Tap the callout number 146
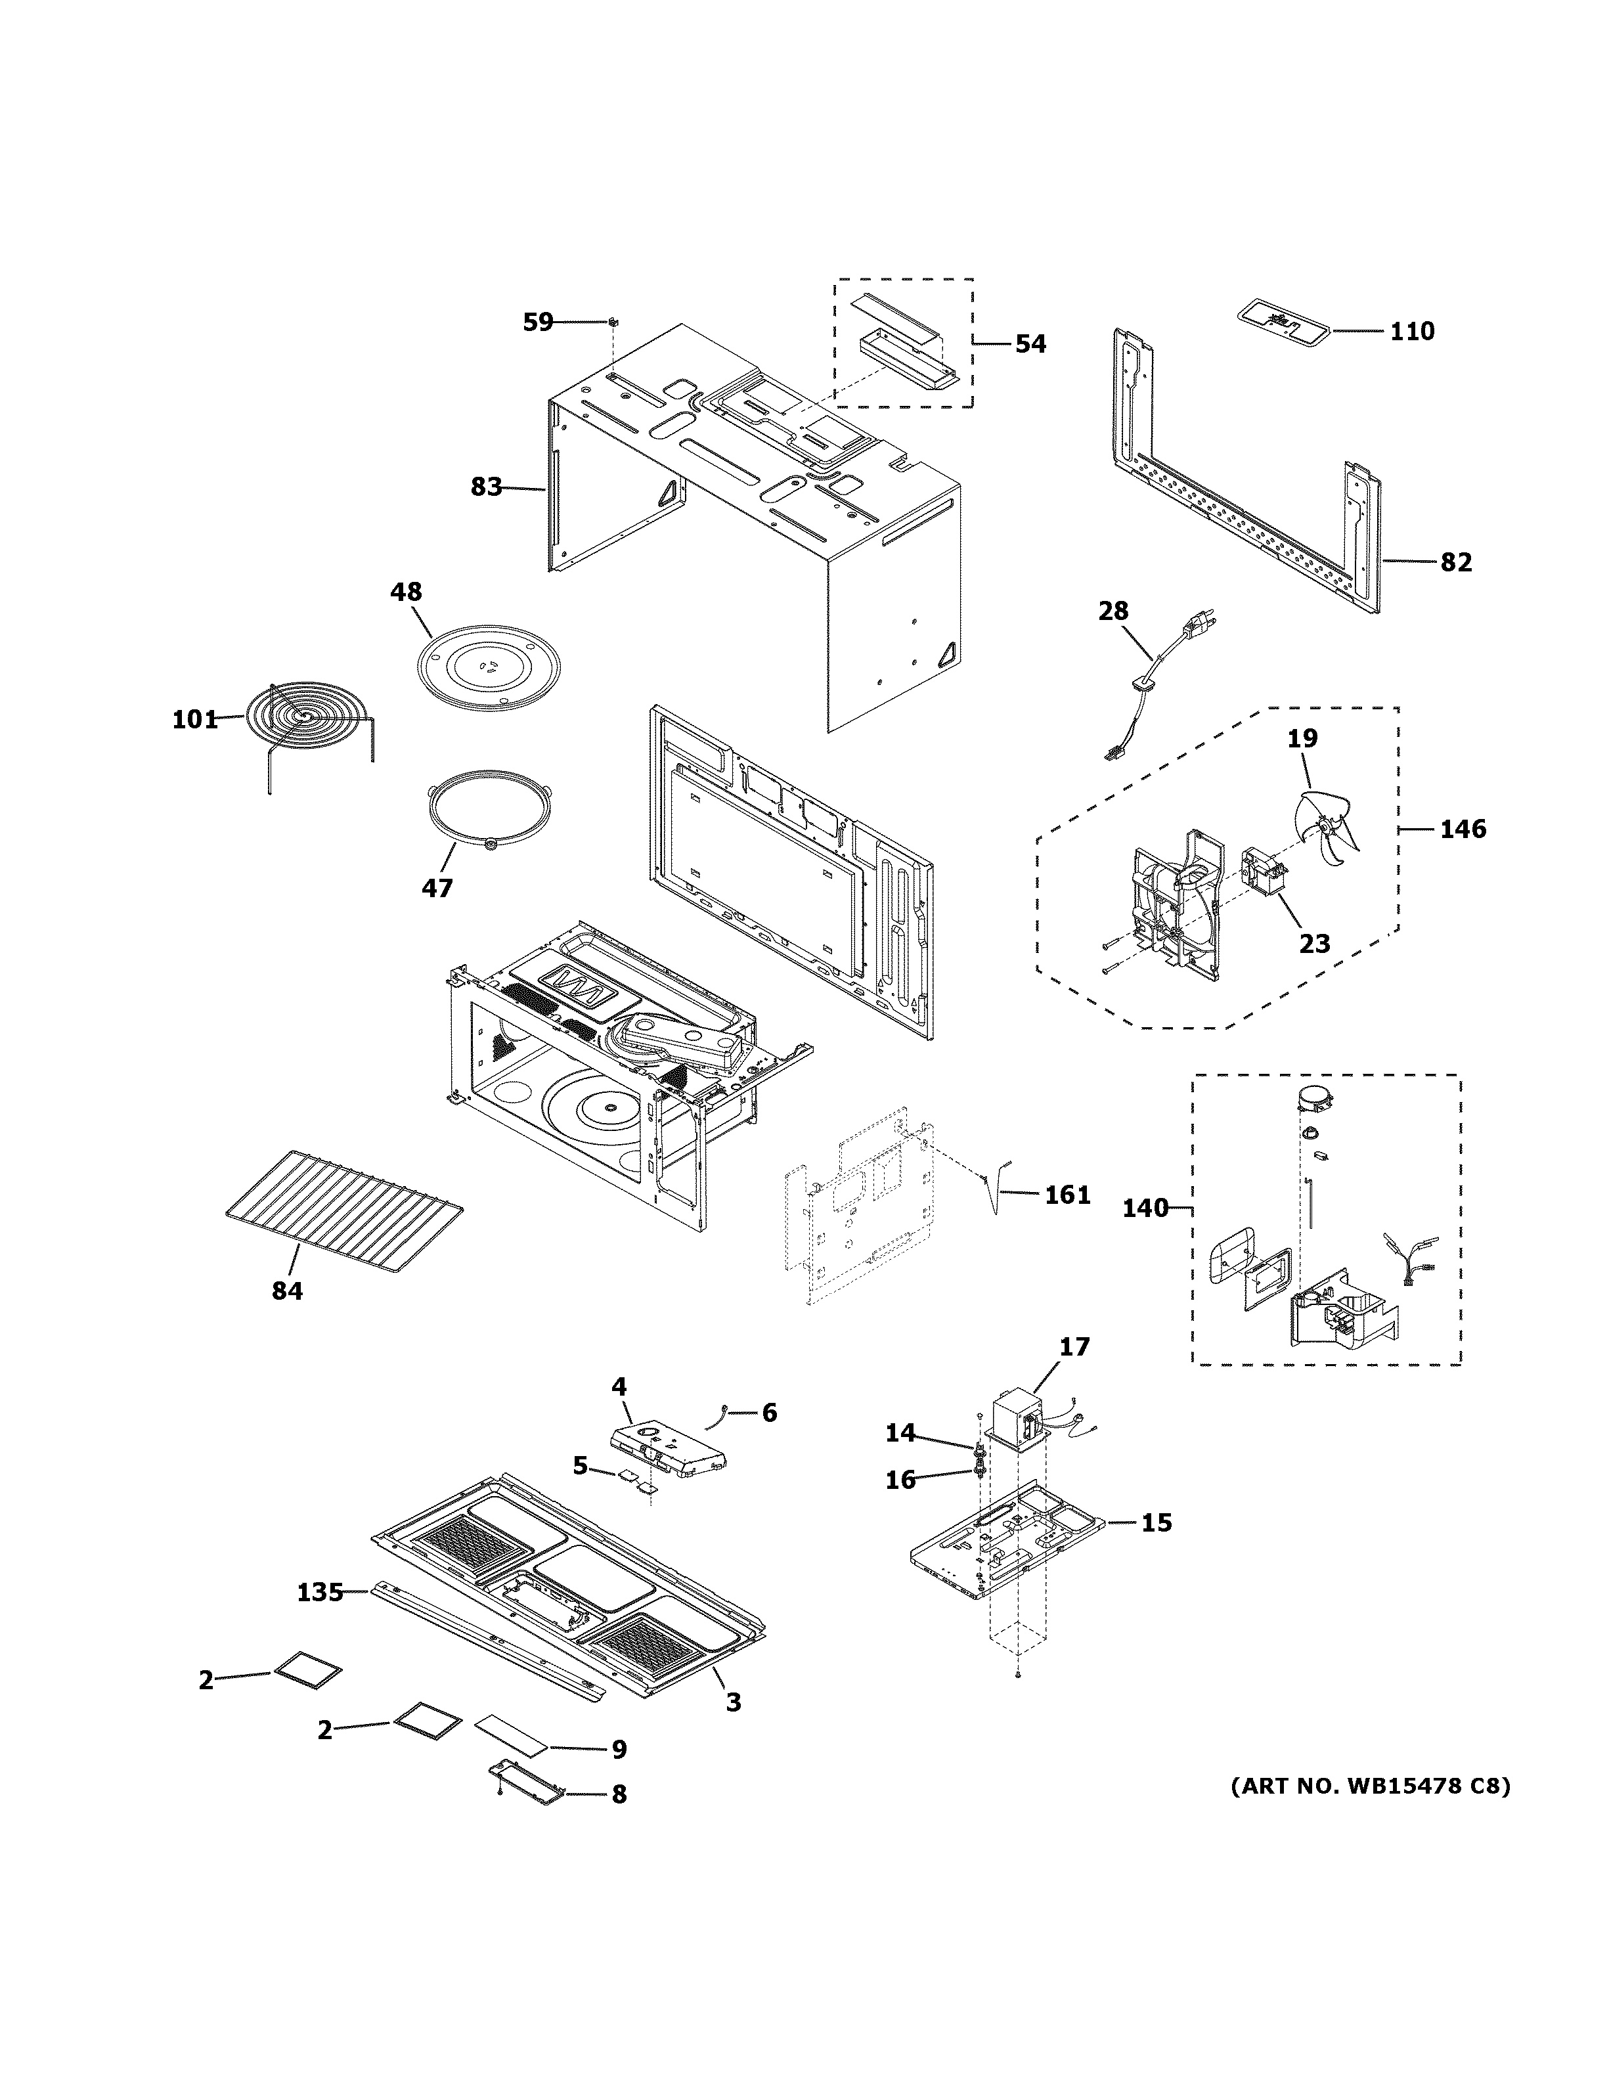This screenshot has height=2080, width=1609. (x=1463, y=829)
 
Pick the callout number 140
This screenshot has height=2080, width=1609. (x=1145, y=1208)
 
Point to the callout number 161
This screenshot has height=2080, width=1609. (x=1067, y=1194)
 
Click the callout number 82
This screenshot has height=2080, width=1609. (x=1456, y=562)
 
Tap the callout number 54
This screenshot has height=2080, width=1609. (x=1030, y=343)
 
